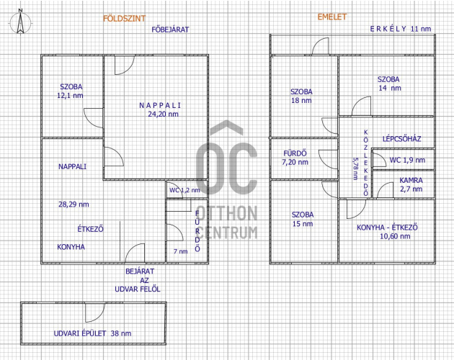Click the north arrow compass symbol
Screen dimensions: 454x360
[20, 22]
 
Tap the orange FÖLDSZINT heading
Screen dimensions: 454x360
[124, 19]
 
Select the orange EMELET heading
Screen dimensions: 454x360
[332, 17]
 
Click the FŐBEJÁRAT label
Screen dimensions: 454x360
[170, 30]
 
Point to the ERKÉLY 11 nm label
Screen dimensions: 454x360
[401, 29]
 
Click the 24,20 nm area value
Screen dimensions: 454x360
[164, 114]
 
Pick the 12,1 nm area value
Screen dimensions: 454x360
[70, 96]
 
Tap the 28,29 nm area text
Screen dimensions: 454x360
[74, 204]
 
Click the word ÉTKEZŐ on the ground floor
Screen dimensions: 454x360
[90, 229]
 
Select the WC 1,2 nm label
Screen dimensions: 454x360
[184, 190]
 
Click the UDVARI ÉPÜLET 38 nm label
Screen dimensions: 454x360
[92, 333]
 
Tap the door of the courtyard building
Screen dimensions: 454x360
[95, 312]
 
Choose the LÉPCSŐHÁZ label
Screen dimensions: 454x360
[401, 139]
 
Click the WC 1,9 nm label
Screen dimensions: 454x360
[407, 160]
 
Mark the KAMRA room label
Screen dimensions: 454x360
[411, 180]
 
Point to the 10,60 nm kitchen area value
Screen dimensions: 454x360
[395, 236]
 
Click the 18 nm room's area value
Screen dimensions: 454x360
[301, 100]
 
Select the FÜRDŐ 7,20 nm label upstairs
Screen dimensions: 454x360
[295, 158]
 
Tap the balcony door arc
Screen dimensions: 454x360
[321, 46]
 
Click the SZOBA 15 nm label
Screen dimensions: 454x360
[303, 219]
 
